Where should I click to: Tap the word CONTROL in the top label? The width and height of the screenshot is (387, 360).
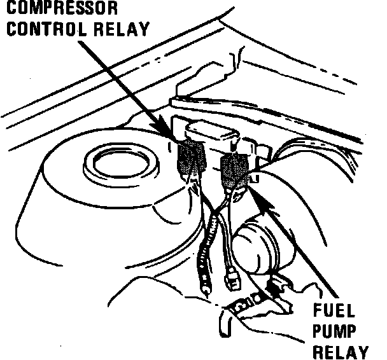(39, 29)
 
